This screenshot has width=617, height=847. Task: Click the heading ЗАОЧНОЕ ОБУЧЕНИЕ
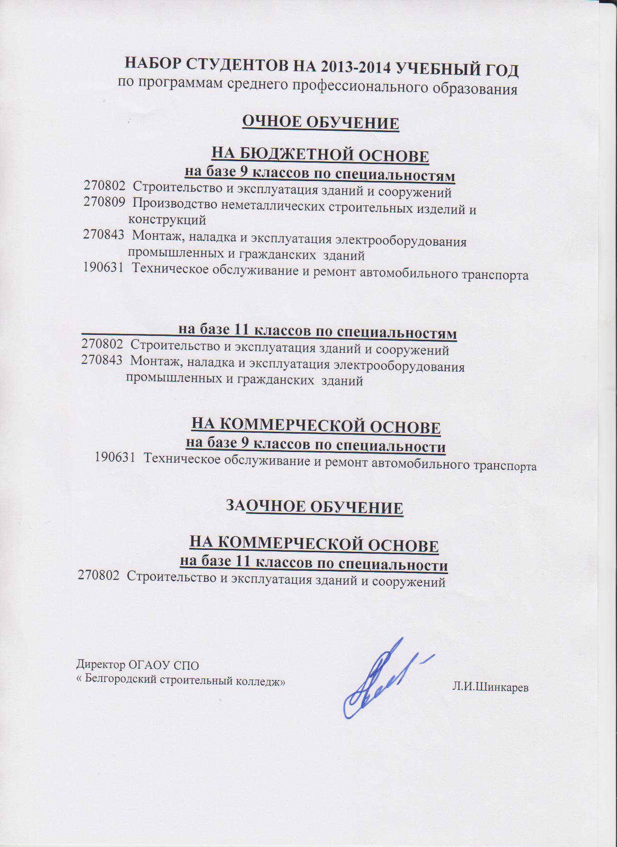(x=315, y=507)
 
